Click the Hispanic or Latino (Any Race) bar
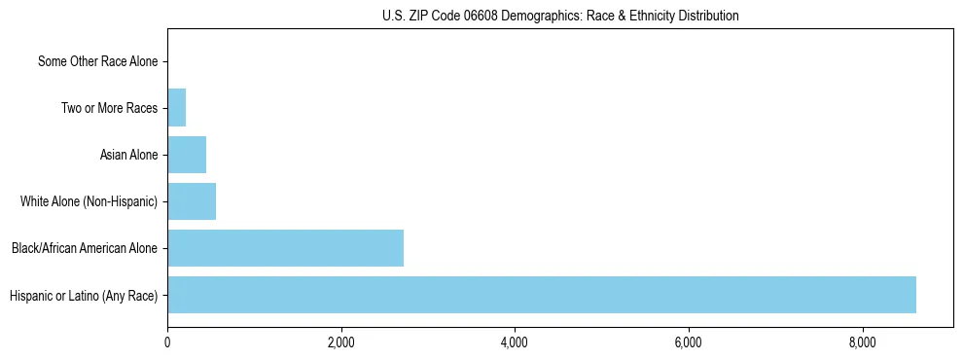[542, 295]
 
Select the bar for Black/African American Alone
[285, 248]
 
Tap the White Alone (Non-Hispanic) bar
[192, 201]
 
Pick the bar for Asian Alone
[187, 155]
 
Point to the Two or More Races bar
[176, 108]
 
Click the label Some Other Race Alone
[97, 61]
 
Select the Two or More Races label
[109, 108]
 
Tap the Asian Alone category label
[128, 155]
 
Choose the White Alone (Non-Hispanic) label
[89, 201]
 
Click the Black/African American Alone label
[84, 248]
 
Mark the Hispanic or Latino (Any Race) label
[83, 295]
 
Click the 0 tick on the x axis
[167, 342]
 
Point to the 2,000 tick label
[340, 342]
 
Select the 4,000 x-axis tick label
[515, 342]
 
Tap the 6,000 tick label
[688, 342]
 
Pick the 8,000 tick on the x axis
[862, 342]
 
